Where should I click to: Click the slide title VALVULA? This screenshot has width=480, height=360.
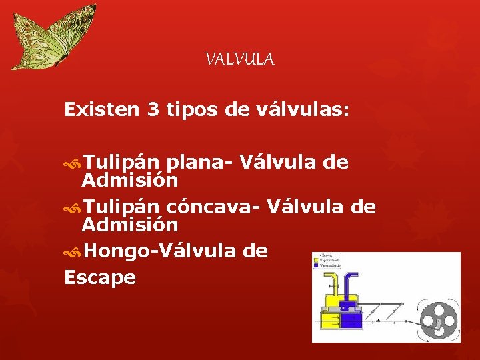(239, 60)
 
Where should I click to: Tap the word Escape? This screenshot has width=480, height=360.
(100, 277)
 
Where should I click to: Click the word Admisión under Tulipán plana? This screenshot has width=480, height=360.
(129, 180)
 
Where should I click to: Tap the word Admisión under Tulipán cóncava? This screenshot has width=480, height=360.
(129, 225)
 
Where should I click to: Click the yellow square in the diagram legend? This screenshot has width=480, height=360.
(316, 259)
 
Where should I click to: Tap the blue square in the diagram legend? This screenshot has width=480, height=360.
(316, 265)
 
